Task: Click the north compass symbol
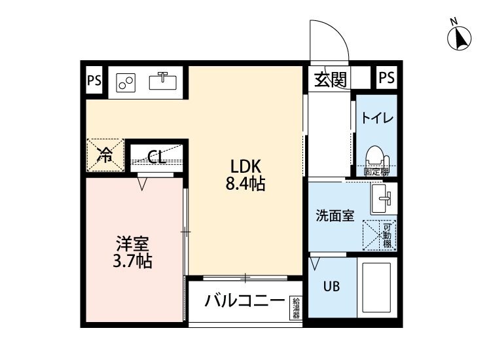click(x=461, y=37)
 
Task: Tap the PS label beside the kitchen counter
click(x=94, y=81)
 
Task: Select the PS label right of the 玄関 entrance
click(x=386, y=78)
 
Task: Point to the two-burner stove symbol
click(x=126, y=82)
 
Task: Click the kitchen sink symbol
click(x=163, y=81)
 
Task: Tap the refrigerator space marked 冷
click(x=105, y=154)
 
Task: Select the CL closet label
click(x=156, y=156)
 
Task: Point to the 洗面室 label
click(x=335, y=216)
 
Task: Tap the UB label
click(x=329, y=286)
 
